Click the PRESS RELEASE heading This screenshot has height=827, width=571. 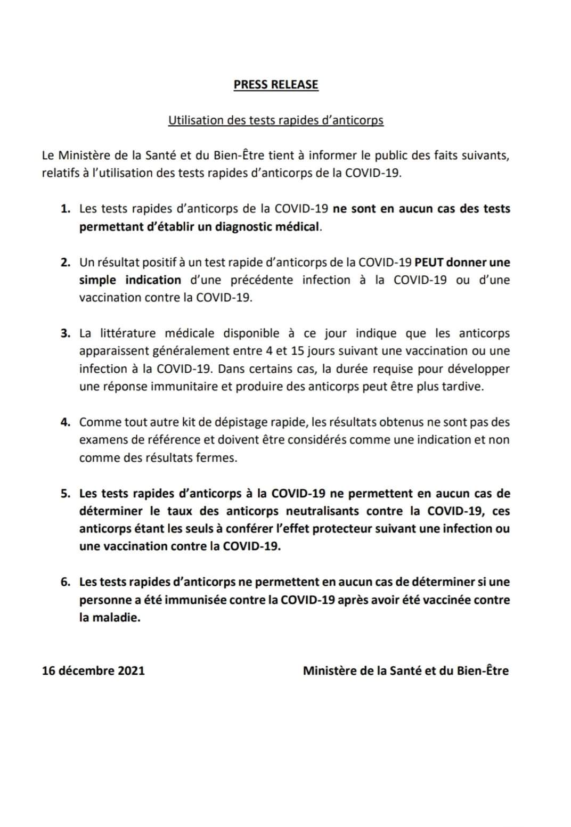(x=276, y=85)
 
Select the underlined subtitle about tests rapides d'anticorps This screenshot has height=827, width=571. (x=276, y=120)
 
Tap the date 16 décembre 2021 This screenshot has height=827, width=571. (x=93, y=670)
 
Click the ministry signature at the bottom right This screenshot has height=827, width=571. (x=405, y=670)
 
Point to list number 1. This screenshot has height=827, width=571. (x=66, y=209)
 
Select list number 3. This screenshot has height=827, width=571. (x=66, y=333)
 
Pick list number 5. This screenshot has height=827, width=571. (x=66, y=494)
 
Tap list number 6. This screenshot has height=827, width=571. (x=66, y=582)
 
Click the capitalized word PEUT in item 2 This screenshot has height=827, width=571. (x=429, y=263)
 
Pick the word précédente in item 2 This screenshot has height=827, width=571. (x=262, y=280)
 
